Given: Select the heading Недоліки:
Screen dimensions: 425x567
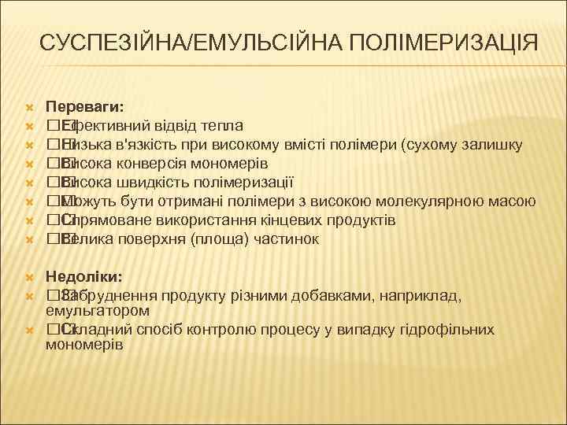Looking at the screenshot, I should [x=83, y=278].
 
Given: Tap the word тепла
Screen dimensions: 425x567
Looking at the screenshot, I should [x=223, y=126].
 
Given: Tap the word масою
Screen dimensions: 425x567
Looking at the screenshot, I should [x=514, y=201].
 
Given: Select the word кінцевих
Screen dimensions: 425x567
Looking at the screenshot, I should [x=278, y=220].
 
